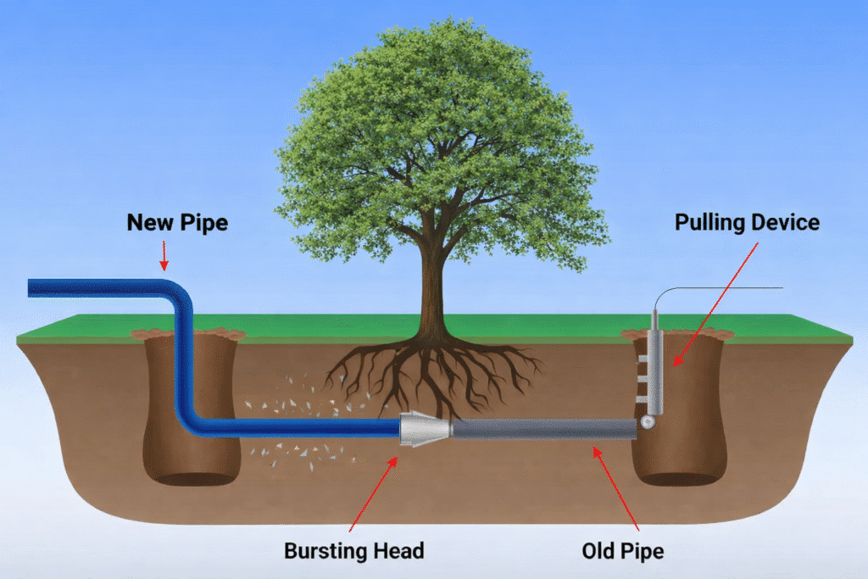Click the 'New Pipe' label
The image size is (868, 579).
177,223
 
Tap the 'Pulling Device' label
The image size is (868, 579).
747,223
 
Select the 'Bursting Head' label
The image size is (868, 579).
353,551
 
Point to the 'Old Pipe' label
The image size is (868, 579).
623,551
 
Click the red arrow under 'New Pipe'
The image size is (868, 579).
164,255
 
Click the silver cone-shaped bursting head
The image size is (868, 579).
423,428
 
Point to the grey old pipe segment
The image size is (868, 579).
542,429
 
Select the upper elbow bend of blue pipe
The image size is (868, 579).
180,293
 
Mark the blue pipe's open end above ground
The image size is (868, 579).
32,287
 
